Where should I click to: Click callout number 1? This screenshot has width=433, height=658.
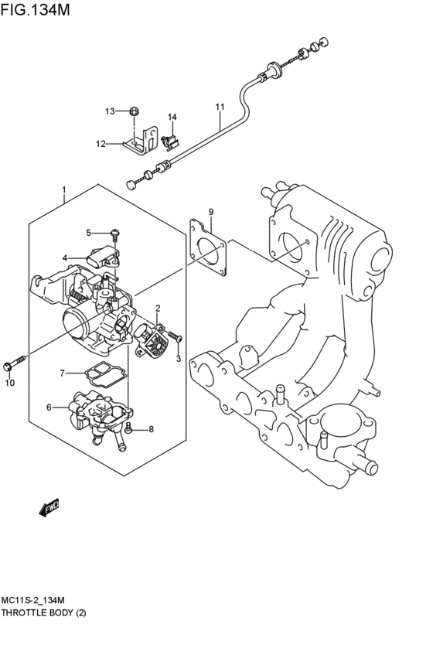(64, 189)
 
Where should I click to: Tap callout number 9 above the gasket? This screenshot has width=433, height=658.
(210, 212)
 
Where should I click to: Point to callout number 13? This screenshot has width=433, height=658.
(110, 111)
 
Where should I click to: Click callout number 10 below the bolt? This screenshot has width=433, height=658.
(10, 381)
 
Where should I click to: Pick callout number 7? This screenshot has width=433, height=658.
(63, 373)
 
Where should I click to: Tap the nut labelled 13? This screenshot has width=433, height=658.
(134, 111)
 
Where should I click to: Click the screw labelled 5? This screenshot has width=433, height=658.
(114, 233)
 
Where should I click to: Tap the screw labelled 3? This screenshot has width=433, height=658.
(176, 337)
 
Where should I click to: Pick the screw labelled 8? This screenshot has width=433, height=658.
(130, 429)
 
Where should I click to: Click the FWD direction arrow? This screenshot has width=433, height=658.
(48, 507)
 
